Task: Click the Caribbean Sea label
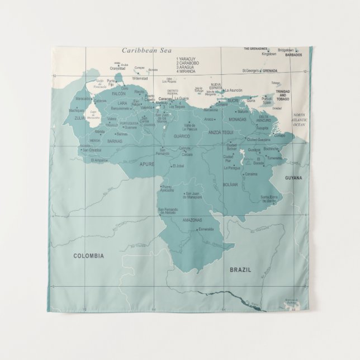point(146,50)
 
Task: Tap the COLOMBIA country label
point(88,255)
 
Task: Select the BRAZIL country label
point(240,269)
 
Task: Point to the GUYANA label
point(293,178)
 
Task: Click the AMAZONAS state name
point(192,220)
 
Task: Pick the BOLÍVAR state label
point(230,184)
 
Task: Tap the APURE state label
point(147,164)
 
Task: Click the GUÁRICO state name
point(182,136)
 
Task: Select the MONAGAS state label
point(238,119)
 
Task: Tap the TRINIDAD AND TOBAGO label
point(283,98)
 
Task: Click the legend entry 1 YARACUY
point(188,59)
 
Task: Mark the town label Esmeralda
point(206,229)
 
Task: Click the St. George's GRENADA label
point(259,71)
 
